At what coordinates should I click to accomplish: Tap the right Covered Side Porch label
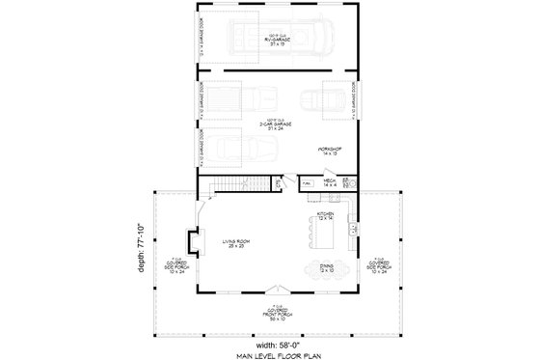380,262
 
